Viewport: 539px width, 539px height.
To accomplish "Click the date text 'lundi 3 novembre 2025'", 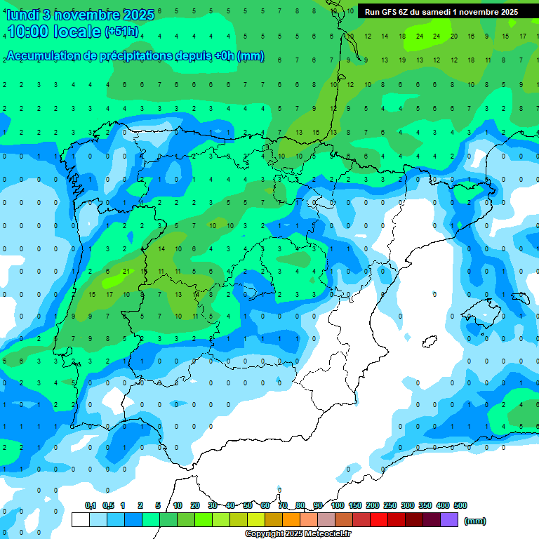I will (x=79, y=15).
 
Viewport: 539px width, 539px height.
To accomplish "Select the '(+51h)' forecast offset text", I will (x=121, y=32).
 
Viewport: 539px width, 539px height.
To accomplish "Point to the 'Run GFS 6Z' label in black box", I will (x=390, y=12).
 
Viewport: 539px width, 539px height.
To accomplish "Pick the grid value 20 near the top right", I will (x=453, y=36).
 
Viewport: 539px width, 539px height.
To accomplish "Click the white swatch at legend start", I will (x=81, y=520).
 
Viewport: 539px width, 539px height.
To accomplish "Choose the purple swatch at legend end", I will (x=450, y=520).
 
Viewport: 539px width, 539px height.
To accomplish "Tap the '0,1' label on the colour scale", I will (x=91, y=505).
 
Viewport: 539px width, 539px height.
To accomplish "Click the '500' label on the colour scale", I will (x=460, y=505).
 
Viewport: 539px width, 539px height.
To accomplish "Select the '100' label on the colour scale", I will (x=338, y=505).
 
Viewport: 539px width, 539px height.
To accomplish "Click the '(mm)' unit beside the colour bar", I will (x=475, y=521).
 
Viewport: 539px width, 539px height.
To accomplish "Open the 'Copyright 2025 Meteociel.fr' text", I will (x=298, y=534).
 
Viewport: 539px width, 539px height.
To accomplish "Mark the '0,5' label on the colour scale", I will (x=108, y=505).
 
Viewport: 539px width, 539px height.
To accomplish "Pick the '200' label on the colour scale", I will (x=373, y=505).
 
